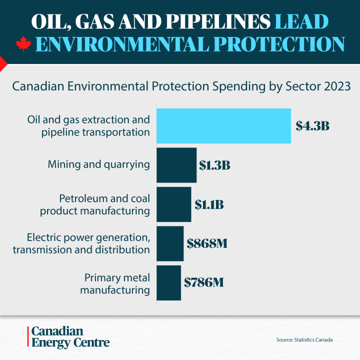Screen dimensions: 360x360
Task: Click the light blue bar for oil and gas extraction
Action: pyautogui.click(x=224, y=126)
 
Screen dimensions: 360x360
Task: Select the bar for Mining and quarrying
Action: pyautogui.click(x=177, y=165)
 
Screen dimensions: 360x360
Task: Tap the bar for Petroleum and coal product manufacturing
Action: pyautogui.click(x=174, y=204)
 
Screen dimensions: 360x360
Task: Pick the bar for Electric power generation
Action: pyautogui.click(x=170, y=243)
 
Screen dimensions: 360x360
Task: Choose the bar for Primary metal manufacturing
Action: pyautogui.click(x=169, y=283)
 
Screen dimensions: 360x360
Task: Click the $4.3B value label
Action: pyautogui.click(x=312, y=126)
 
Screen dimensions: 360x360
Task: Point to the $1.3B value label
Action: pyautogui.click(x=214, y=165)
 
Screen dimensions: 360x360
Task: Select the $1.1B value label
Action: pyautogui.click(x=209, y=204)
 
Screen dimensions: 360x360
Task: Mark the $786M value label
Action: pyautogui.click(x=203, y=282)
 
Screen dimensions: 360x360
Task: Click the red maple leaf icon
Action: pyautogui.click(x=23, y=44)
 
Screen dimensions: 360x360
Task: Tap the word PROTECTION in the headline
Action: pyautogui.click(x=280, y=44)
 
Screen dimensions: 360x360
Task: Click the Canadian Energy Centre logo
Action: pyautogui.click(x=70, y=337)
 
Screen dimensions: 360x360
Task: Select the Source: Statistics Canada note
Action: pyautogui.click(x=304, y=340)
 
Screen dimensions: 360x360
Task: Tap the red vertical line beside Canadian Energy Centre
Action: pyautogui.click(x=27, y=337)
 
